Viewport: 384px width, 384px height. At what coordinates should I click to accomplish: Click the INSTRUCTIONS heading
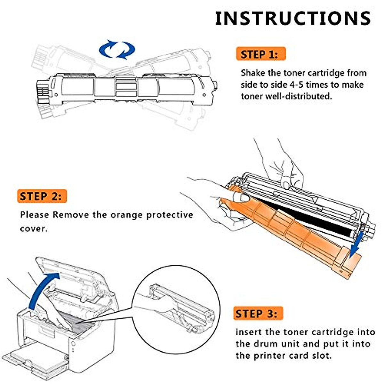(293, 18)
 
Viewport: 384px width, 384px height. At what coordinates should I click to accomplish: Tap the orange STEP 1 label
(261, 54)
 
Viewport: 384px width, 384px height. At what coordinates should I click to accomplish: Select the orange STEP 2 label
(42, 196)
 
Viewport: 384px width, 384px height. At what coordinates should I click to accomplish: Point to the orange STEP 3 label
(258, 314)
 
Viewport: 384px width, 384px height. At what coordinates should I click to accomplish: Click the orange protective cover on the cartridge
(289, 229)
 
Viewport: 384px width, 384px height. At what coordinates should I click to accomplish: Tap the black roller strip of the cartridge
(303, 217)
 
